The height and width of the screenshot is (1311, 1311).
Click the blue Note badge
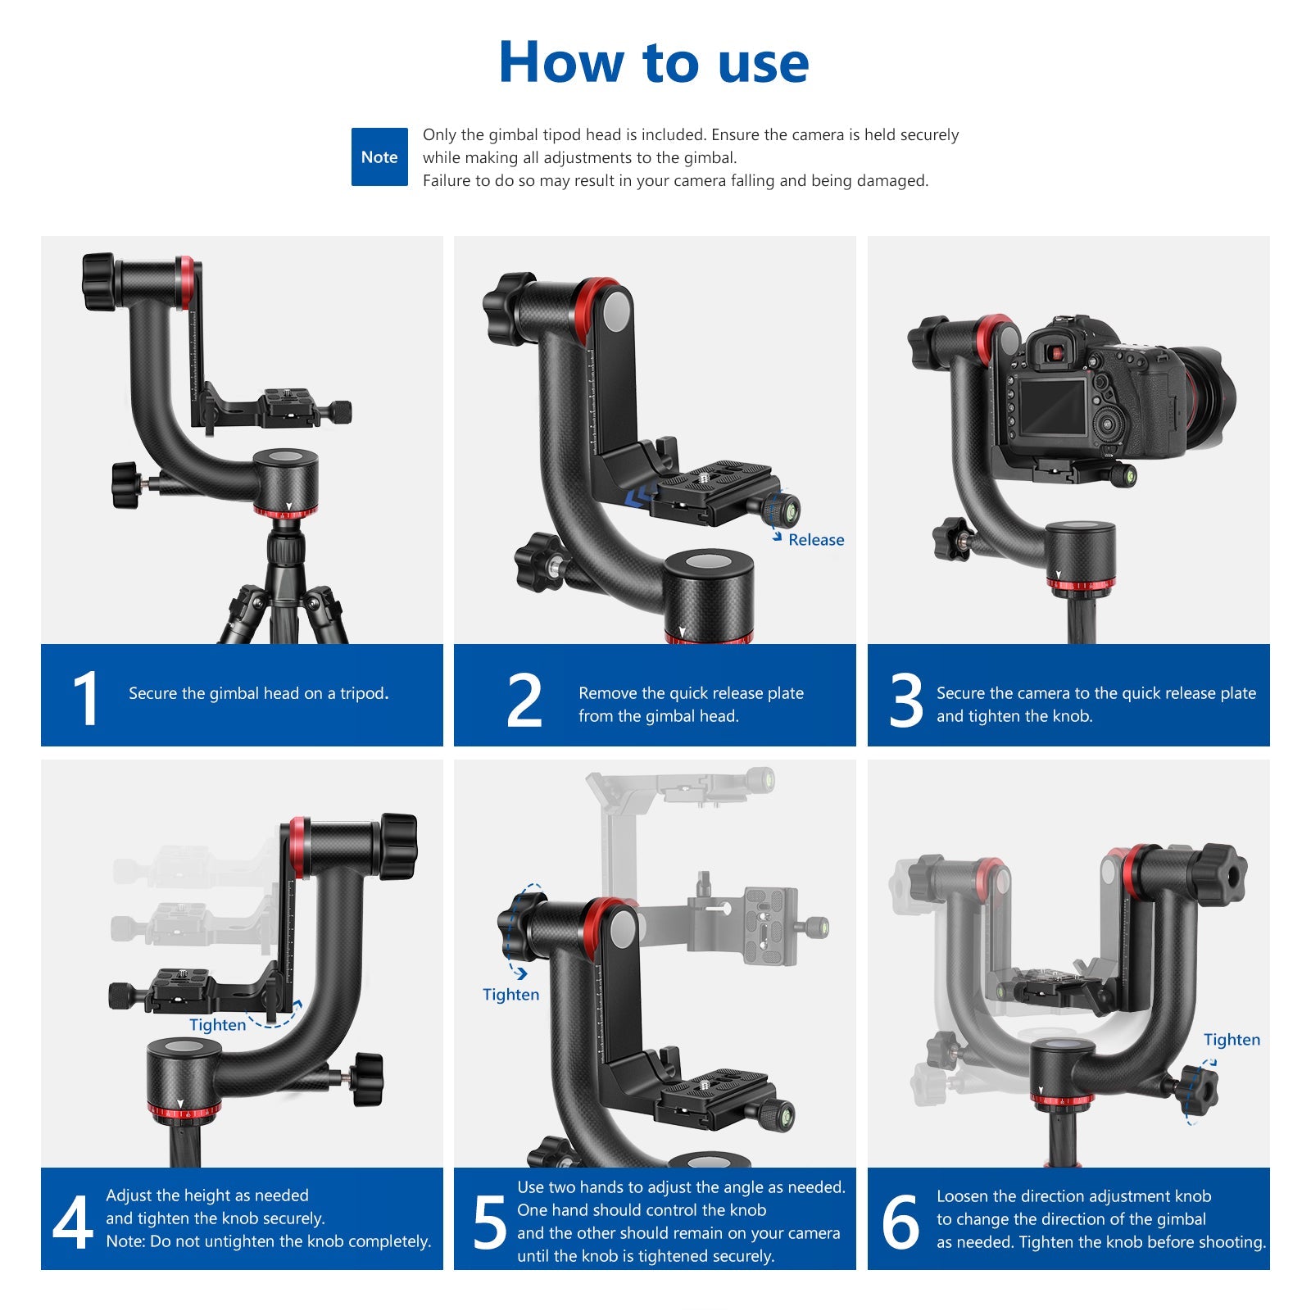(379, 157)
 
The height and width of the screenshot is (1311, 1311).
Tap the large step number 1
(86, 699)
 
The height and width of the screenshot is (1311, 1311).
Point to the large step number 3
(906, 700)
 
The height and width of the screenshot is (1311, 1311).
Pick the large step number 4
(73, 1222)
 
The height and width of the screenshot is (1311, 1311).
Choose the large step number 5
(490, 1222)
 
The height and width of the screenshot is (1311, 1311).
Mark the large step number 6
(900, 1222)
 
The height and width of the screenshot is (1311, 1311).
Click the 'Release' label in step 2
(816, 540)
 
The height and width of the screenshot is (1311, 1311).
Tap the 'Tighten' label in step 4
(217, 1025)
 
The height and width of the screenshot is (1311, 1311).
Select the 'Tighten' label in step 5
(510, 995)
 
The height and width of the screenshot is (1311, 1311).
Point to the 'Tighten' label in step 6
(1232, 1040)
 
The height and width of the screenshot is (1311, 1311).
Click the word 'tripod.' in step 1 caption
(364, 694)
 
